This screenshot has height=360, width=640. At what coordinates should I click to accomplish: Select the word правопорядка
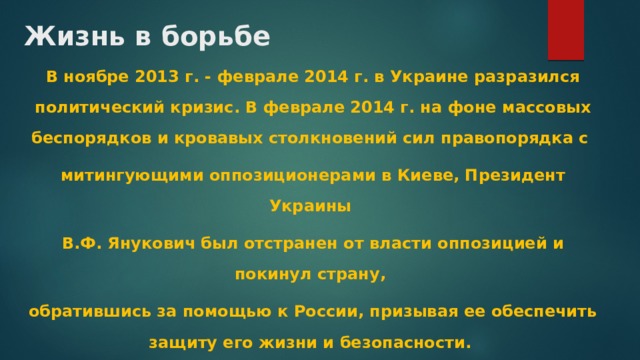point(510,135)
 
